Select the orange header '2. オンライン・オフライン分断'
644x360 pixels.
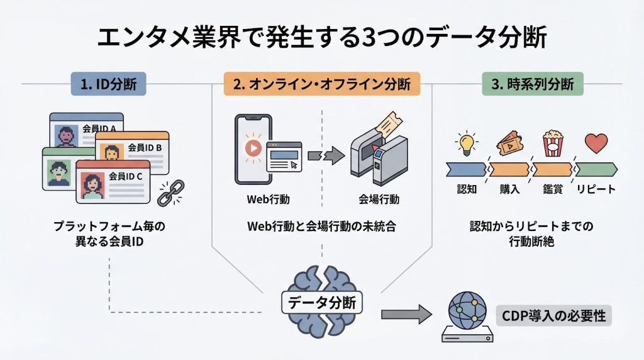(x=321, y=84)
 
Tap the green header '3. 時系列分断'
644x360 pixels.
(x=532, y=84)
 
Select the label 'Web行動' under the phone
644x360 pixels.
(x=265, y=200)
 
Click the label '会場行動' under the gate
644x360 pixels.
(x=379, y=200)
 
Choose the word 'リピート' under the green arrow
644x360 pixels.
(x=596, y=189)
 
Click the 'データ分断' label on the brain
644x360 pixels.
(x=321, y=303)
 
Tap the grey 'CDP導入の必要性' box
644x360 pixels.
(x=554, y=315)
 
